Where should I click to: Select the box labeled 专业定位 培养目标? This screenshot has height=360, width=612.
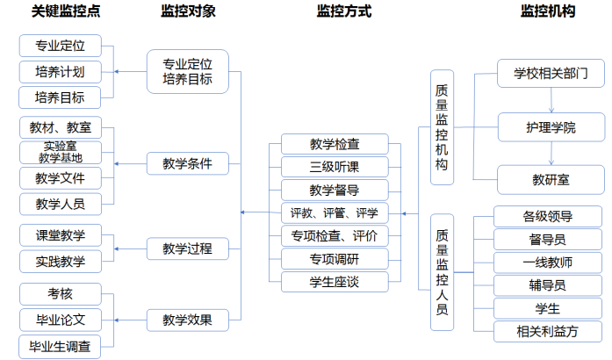coord(187,71)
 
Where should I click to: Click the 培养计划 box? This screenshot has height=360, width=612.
coord(60,71)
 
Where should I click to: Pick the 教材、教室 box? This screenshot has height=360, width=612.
coord(60,128)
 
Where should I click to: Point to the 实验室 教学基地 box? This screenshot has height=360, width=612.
coord(60,152)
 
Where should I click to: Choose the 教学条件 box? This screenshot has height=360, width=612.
coord(187,163)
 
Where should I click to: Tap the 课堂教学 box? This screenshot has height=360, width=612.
coord(60,234)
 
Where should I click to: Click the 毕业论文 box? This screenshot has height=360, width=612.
coord(60,318)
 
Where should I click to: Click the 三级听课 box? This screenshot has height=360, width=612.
coord(335,167)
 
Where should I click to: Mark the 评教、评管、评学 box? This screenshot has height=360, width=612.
coord(335,212)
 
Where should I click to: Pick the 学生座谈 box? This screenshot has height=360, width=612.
coord(335,281)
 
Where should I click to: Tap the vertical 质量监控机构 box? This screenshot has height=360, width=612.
coord(443,126)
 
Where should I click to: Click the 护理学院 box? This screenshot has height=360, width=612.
coord(551,128)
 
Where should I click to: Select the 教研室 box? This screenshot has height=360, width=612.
coord(551,179)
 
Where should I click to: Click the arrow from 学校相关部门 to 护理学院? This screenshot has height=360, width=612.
coord(551,100)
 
